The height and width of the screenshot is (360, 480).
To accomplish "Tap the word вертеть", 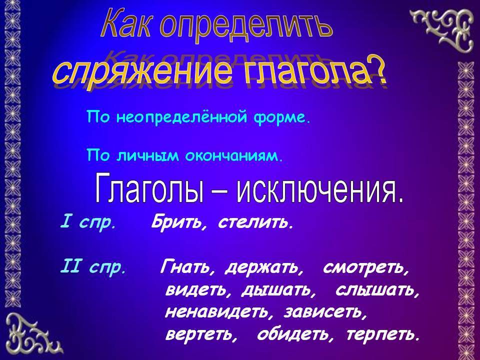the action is click(201, 334).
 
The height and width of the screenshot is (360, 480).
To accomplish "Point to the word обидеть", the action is click(294, 334).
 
